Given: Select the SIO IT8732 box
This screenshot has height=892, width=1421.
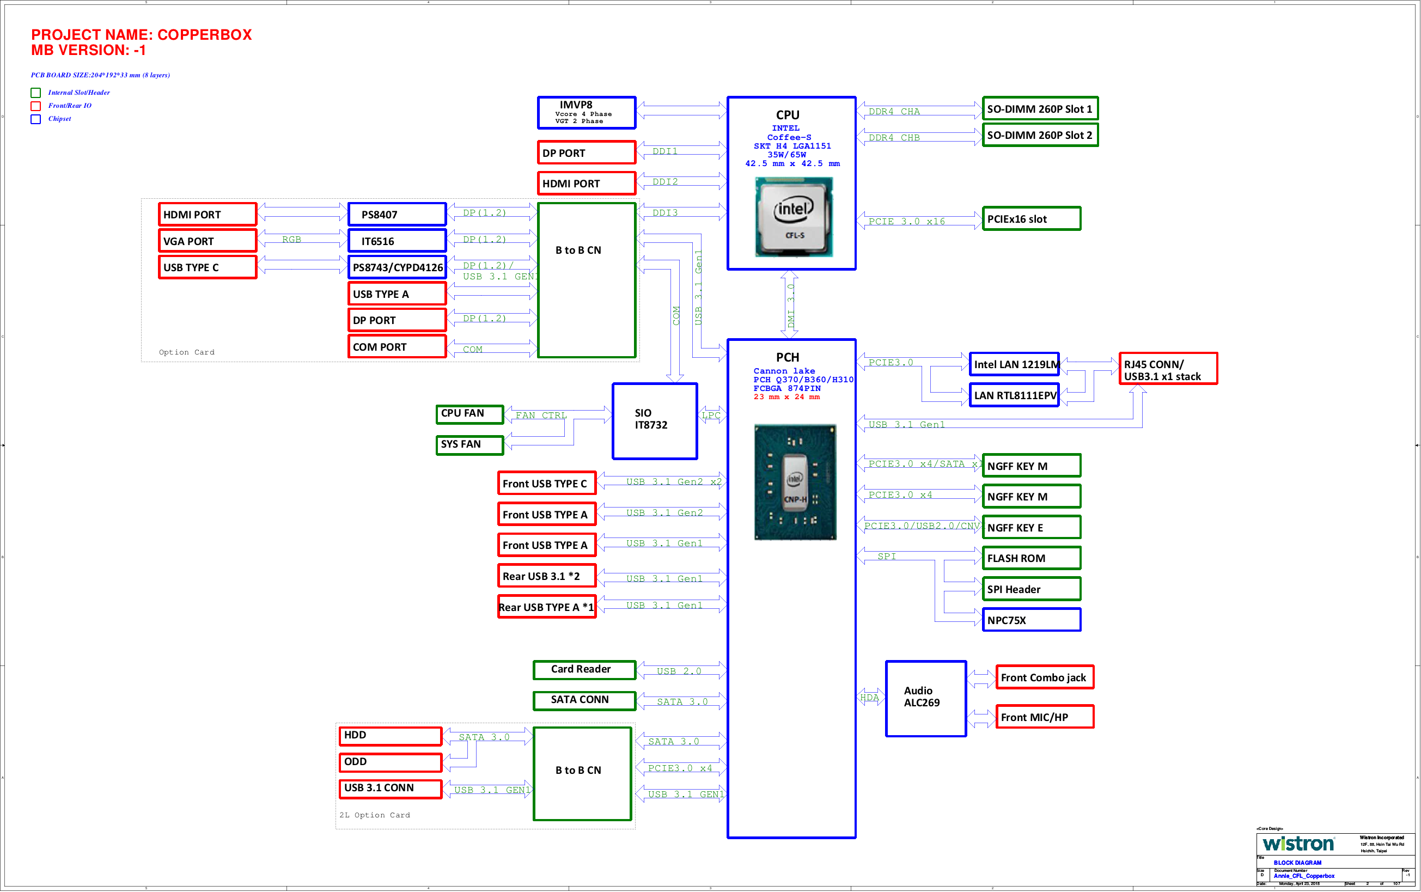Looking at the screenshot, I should click(654, 420).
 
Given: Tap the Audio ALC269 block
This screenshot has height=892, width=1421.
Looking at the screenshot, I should click(925, 699).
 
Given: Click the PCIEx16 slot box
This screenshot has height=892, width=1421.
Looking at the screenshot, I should click(1031, 219).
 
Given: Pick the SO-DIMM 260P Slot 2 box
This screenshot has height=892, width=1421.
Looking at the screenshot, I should click(1039, 135).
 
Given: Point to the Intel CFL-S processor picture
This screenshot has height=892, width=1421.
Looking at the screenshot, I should click(794, 218).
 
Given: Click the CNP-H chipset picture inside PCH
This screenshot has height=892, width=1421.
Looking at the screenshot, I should click(795, 482).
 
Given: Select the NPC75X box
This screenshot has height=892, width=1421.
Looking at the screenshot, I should click(1031, 620).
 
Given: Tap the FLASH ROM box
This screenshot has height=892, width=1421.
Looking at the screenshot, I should click(1031, 558).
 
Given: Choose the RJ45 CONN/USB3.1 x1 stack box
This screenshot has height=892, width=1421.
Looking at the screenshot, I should click(1167, 369).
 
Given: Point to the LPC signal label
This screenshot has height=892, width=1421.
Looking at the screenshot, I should click(711, 416).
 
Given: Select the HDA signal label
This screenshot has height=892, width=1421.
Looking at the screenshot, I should click(869, 697).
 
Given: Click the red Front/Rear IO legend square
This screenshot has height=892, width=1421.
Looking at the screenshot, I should click(36, 106).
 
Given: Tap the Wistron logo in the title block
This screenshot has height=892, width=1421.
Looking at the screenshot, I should click(1298, 844).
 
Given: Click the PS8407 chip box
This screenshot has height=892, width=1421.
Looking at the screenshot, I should click(397, 215).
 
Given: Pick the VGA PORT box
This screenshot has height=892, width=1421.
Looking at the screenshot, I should click(207, 241).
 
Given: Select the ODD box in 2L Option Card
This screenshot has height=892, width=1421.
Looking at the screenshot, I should click(390, 762).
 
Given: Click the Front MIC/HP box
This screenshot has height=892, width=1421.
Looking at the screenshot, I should click(1044, 717).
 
